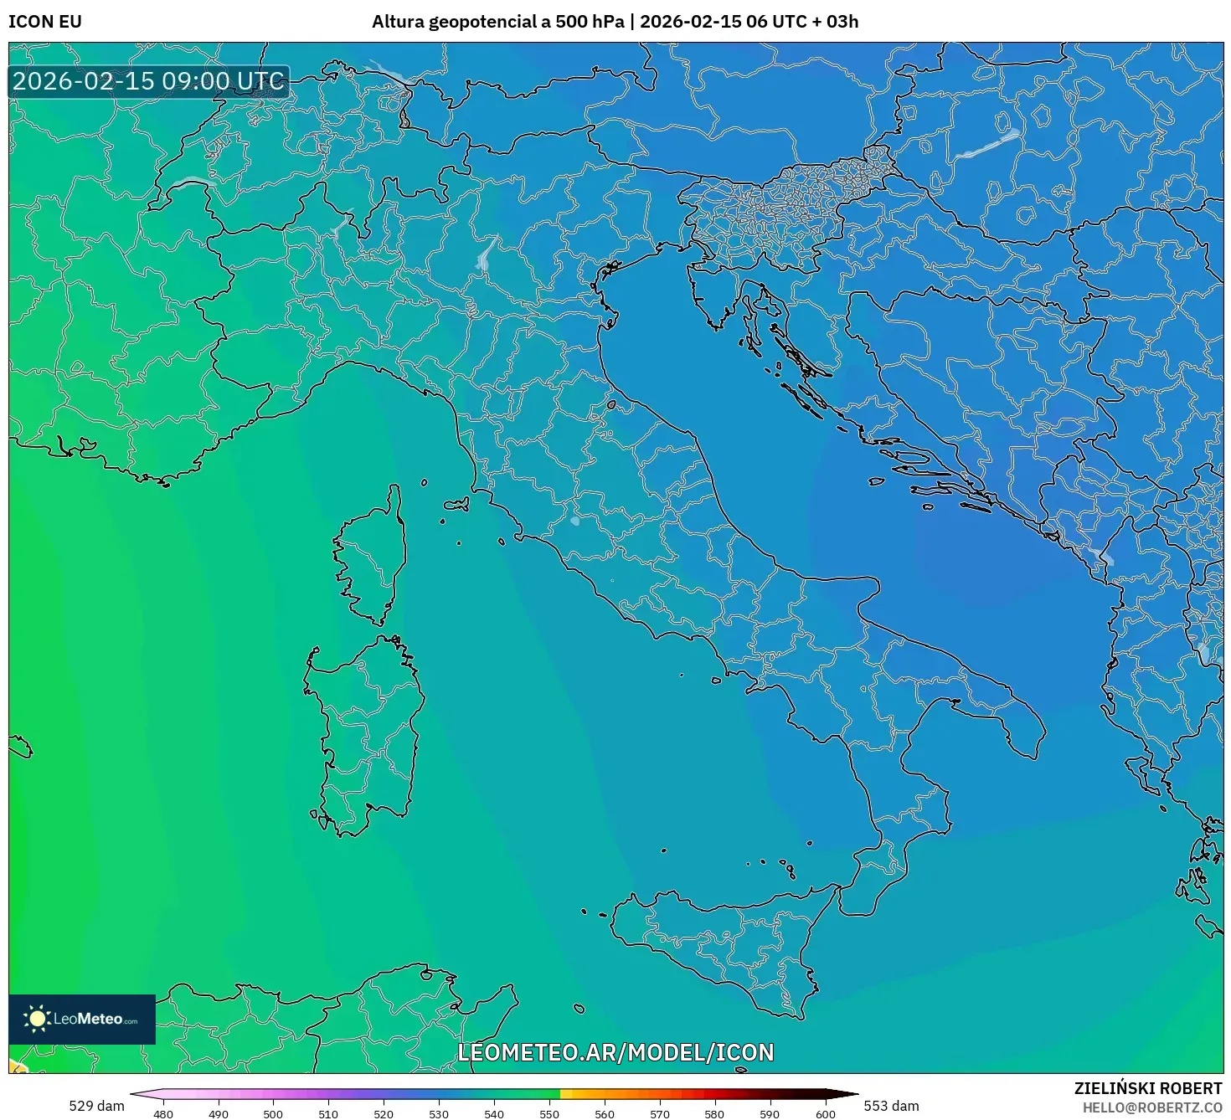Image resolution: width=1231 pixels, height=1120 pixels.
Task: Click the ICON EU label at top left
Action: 45,22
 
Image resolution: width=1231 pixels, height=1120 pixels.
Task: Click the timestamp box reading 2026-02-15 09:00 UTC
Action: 149,81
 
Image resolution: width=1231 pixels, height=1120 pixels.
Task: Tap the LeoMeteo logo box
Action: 82,1019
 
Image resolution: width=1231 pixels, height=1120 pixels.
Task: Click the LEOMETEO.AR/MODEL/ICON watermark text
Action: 615,1052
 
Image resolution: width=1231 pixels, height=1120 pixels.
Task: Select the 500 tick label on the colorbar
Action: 273,1114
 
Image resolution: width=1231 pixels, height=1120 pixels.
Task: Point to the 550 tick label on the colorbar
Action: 549,1114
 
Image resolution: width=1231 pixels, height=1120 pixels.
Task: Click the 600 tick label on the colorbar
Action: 826,1114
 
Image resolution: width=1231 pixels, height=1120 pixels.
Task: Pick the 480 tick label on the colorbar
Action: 163,1114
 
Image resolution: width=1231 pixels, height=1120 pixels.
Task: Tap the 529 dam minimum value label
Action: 96,1106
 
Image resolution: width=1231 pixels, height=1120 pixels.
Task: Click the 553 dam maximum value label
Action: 891,1106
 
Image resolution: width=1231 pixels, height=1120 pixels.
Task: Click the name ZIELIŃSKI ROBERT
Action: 1148,1088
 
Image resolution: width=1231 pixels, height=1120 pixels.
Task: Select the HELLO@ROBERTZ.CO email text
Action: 1152,1107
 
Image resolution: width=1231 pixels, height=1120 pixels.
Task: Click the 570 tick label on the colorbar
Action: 660,1114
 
